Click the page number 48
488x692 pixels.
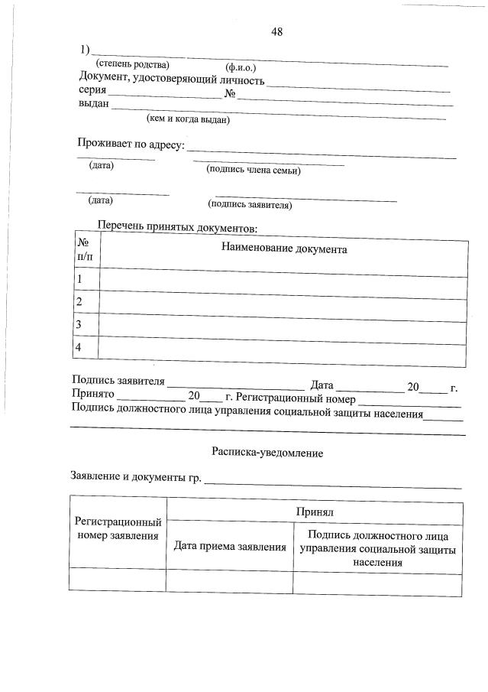point(276,31)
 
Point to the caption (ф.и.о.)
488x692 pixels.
point(241,67)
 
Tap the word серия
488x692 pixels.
point(92,91)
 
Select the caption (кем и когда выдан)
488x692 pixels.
point(188,119)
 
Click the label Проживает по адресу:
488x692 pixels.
point(131,144)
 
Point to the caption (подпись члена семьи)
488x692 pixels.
point(254,171)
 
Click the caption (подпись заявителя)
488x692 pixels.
point(250,205)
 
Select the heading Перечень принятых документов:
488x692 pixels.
point(178,227)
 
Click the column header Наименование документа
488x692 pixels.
point(284,249)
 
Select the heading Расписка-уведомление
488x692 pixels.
point(267,453)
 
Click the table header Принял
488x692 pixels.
point(315,511)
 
